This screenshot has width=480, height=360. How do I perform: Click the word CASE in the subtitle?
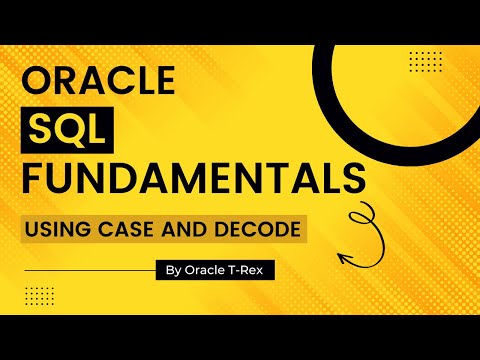click(126, 229)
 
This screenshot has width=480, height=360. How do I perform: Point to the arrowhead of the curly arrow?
click(344, 257)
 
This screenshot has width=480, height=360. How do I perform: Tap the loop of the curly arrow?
click(362, 216)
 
